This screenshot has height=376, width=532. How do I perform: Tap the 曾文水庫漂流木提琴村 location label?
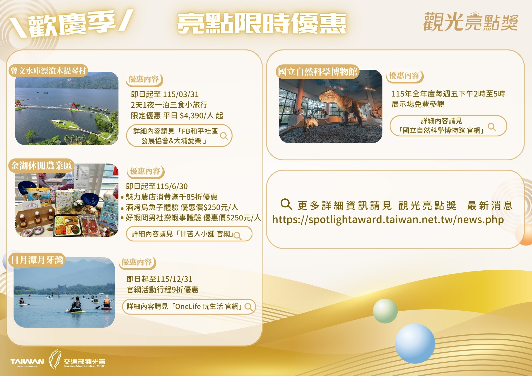click(x=48, y=71)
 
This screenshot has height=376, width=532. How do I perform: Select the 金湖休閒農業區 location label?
click(x=41, y=166)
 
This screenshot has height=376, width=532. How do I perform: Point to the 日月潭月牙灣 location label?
click(x=37, y=260)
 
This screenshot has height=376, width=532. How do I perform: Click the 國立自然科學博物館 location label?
click(x=318, y=72)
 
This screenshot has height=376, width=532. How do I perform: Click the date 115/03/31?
click(x=181, y=94)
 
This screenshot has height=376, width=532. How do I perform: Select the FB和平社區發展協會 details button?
click(x=179, y=136)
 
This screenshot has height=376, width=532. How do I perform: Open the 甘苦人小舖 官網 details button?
click(x=189, y=234)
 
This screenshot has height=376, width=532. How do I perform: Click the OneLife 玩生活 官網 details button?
click(x=189, y=307)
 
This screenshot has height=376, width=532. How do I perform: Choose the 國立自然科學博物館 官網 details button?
click(x=448, y=126)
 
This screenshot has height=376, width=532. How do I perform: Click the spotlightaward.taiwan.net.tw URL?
click(x=388, y=220)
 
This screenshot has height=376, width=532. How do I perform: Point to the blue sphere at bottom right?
click(x=415, y=343)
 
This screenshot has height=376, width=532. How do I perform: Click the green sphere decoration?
click(x=385, y=311)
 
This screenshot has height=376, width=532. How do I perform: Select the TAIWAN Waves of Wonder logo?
click(x=27, y=362)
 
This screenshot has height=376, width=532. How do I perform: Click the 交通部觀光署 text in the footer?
click(x=84, y=362)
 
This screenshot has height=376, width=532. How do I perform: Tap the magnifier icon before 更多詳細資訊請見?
click(x=286, y=204)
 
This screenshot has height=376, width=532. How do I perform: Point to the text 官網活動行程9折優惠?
click(x=163, y=290)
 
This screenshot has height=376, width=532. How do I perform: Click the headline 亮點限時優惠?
click(x=262, y=23)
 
